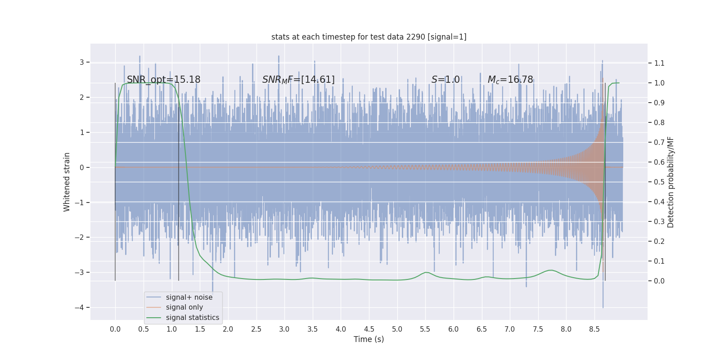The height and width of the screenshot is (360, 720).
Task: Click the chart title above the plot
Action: [x=369, y=37]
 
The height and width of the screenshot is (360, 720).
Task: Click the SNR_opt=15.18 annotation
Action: [x=163, y=80]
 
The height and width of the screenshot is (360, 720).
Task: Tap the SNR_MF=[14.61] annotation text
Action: [x=298, y=80]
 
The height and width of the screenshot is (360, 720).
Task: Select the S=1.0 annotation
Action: [x=445, y=80]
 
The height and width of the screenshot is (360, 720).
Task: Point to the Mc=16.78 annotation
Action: [x=510, y=80]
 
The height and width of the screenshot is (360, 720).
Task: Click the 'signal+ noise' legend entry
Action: [x=189, y=297]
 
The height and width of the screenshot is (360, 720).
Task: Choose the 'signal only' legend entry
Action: [x=184, y=307]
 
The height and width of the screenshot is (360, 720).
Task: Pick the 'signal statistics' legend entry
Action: [x=192, y=318]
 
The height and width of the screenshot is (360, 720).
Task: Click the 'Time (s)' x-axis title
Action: [x=369, y=339]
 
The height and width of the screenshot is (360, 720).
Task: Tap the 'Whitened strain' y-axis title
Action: [x=67, y=182]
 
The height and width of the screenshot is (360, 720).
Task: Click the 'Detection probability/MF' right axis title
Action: [x=670, y=182]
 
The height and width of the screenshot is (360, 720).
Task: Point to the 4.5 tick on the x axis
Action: [x=369, y=329]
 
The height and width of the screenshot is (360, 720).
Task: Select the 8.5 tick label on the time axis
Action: [x=594, y=329]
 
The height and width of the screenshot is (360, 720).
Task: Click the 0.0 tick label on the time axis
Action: [x=115, y=329]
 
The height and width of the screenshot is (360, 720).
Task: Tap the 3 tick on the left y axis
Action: [x=81, y=62]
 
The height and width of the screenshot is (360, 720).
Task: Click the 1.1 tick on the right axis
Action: [x=659, y=63]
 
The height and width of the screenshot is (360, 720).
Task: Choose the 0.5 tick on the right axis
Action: [x=659, y=182]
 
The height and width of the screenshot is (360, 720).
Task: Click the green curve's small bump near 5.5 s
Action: [x=426, y=272]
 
